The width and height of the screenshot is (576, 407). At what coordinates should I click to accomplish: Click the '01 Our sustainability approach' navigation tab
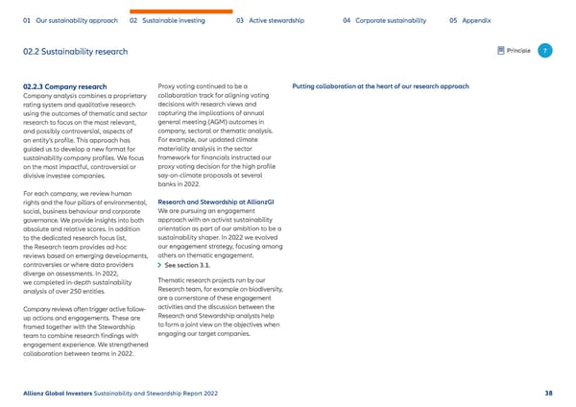coord(70,20)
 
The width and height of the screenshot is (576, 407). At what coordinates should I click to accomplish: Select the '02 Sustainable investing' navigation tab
coord(170,20)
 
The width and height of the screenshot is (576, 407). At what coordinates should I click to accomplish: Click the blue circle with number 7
coord(544,50)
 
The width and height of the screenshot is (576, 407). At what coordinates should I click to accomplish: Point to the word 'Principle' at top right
coord(519,50)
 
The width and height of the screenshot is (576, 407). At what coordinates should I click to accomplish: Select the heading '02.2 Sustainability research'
coord(76,51)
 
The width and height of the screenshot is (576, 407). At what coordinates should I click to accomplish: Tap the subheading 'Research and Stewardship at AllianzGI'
coord(215,203)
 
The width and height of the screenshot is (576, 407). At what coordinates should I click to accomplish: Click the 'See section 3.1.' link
coord(193,265)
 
